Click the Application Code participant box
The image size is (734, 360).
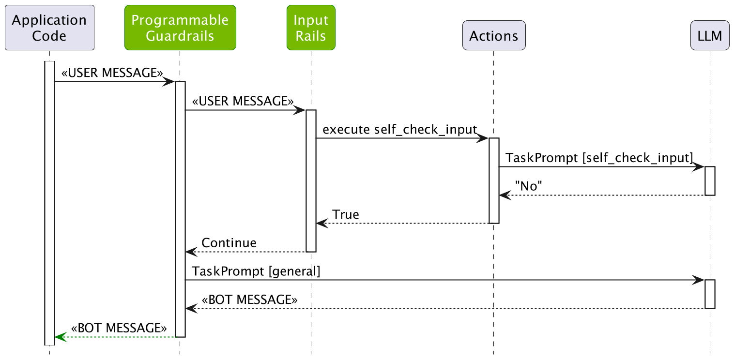tap(49, 28)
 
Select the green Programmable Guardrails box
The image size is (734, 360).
tap(180, 28)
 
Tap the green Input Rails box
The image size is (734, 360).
tap(311, 28)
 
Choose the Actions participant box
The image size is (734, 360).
tap(494, 35)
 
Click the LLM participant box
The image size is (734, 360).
tap(710, 35)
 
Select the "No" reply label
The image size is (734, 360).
tap(529, 186)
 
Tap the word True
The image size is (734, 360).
tap(346, 214)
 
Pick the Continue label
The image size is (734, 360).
tap(229, 242)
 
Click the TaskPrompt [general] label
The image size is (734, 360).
tap(256, 271)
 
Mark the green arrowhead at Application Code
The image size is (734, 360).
tap(59, 337)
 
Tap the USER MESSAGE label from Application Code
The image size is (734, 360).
tap(112, 73)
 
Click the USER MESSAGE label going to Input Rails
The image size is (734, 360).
tap(243, 101)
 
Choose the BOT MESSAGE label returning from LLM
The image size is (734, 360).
tap(249, 300)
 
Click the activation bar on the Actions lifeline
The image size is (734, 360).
tap(494, 180)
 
